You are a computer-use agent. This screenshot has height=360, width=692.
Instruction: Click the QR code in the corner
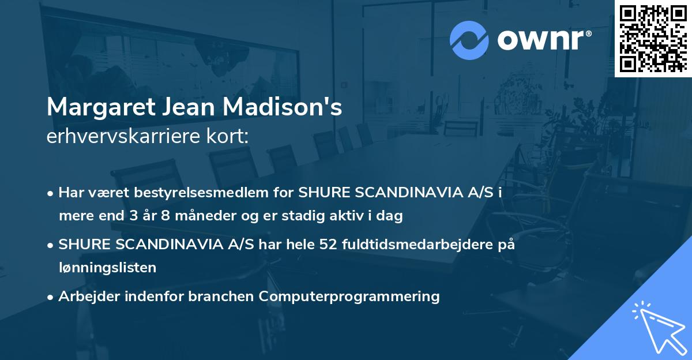653,38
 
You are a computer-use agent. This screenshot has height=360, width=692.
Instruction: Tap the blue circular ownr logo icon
469,40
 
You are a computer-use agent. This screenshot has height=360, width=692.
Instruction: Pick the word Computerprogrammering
349,296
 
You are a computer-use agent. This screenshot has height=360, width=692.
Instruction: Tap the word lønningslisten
107,267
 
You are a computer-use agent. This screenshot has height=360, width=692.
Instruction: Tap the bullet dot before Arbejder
51,297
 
